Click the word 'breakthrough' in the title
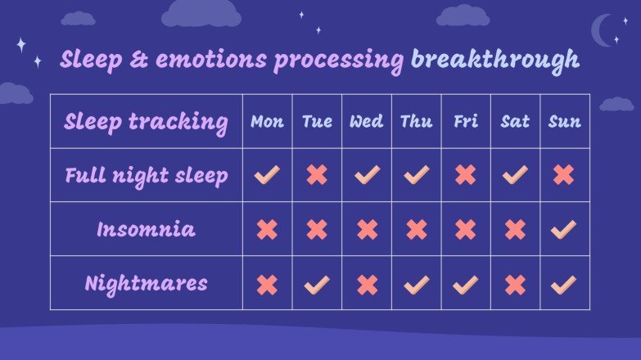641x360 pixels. [x=495, y=60]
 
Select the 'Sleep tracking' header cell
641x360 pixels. [x=146, y=122]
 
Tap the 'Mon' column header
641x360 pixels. [x=267, y=122]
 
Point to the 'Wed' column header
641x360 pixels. [x=366, y=122]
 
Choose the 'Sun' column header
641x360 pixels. [x=564, y=122]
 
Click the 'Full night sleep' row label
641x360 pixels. [x=146, y=175]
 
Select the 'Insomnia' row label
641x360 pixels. [x=146, y=229]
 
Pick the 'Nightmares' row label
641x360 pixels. [x=146, y=284]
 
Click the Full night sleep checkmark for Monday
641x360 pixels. [x=267, y=174]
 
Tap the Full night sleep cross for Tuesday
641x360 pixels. [x=317, y=174]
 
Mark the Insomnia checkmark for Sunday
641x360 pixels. [x=563, y=229]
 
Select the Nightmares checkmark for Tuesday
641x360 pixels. [x=317, y=284]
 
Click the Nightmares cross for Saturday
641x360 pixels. [x=515, y=284]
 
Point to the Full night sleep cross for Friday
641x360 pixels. [x=465, y=174]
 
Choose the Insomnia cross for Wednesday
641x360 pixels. [x=367, y=229]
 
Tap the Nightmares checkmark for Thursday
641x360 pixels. [x=416, y=284]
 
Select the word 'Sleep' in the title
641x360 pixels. [x=90, y=60]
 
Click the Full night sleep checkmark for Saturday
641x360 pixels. [x=515, y=174]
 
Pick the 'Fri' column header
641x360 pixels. [x=465, y=122]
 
